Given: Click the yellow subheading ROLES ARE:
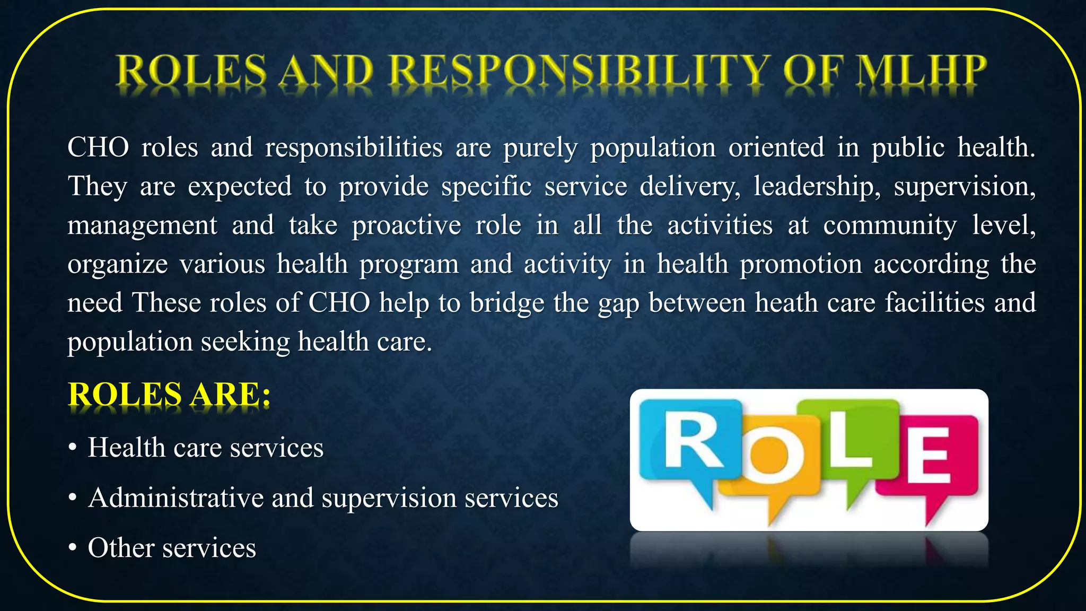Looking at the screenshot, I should (x=169, y=395).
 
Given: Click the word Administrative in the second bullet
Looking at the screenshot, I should (x=175, y=498).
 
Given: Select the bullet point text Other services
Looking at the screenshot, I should (x=172, y=548).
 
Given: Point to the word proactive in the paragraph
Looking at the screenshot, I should (x=406, y=225).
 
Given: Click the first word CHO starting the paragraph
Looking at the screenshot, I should (x=98, y=147).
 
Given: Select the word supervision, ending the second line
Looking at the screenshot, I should (x=965, y=186).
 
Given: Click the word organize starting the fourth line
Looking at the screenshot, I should (x=117, y=264).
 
